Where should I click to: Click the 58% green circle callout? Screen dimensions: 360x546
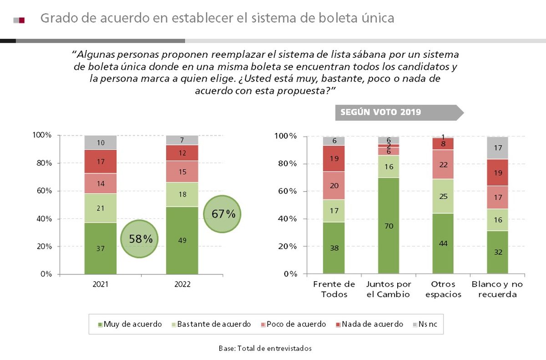tap(140, 239)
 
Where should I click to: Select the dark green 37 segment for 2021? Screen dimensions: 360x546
tap(101, 248)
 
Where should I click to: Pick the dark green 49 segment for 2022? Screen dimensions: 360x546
tap(182, 240)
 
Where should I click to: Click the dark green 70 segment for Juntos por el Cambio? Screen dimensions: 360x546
tap(388, 226)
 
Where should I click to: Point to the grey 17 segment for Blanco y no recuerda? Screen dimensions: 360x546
tap(497, 148)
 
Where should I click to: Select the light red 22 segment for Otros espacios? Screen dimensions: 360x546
tap(443, 164)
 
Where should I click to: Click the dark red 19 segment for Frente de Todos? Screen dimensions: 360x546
tap(334, 158)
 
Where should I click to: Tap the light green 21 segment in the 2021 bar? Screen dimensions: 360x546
tap(101, 208)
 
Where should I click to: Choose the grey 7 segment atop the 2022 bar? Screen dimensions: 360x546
tap(182, 140)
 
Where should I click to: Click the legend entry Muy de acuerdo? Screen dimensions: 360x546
tap(130, 324)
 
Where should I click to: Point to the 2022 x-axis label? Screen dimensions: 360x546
tap(182, 284)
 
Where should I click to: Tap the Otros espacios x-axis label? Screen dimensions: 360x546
tap(443, 289)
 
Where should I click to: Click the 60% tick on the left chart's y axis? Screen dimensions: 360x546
tap(42, 191)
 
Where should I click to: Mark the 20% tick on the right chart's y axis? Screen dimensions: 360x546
tap(287, 246)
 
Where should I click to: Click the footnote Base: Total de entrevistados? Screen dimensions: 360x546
tap(265, 348)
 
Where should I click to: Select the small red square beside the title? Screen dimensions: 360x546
tap(21, 20)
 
